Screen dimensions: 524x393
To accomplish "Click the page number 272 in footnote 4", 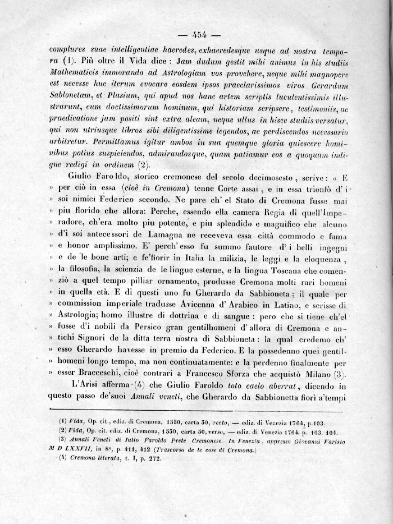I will click(154, 458).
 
